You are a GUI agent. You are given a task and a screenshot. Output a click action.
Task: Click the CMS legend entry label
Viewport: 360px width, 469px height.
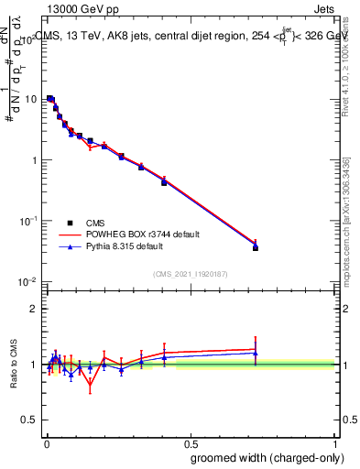pyautogui.click(x=95, y=222)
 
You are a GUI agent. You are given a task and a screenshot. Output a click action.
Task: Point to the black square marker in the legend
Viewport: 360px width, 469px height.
pyautogui.click(x=69, y=222)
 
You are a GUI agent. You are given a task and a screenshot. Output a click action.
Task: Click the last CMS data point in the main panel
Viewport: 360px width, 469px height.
pyautogui.click(x=255, y=247)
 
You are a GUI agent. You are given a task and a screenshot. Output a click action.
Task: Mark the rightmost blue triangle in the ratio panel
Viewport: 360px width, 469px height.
pyautogui.click(x=255, y=354)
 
